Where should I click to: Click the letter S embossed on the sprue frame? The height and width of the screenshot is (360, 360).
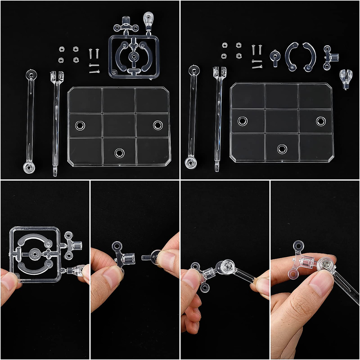(114, 73)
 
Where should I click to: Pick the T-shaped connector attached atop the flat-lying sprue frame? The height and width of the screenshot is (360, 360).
(126, 25)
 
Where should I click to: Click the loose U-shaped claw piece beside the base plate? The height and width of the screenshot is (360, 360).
(346, 79)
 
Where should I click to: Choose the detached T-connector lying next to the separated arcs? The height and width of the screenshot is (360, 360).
(330, 58)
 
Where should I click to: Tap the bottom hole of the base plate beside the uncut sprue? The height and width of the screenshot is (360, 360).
(119, 153)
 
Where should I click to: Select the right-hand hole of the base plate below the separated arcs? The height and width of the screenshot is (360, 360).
(320, 121)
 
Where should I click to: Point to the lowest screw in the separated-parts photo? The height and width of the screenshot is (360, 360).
(257, 67)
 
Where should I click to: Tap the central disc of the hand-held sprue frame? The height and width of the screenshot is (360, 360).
(34, 254)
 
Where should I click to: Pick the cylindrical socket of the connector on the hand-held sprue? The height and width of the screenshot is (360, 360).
(77, 246)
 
